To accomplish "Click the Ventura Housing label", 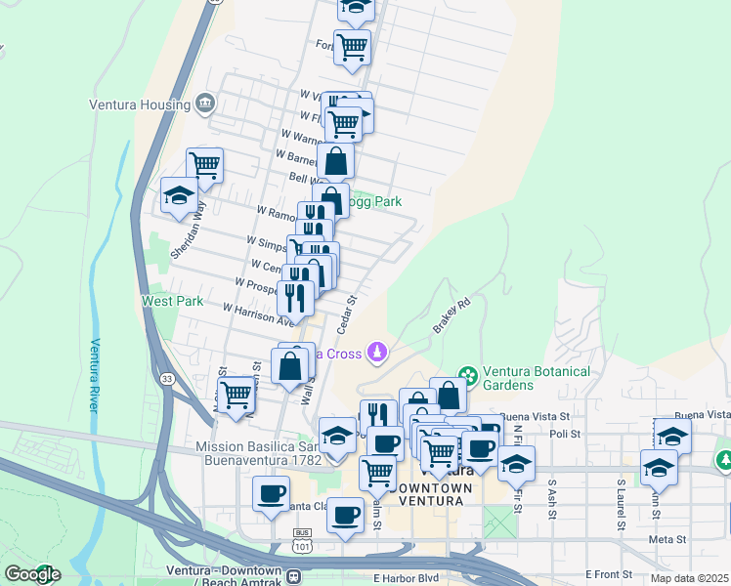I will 139,105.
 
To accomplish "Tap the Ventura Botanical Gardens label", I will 538,378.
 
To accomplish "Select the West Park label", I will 172,302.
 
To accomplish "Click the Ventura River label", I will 96,375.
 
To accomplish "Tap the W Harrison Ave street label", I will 259,314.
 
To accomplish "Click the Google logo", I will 32,574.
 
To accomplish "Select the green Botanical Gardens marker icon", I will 468,375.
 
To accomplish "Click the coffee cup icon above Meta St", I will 344,515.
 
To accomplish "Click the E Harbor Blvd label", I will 404,578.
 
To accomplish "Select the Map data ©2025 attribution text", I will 689,578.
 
